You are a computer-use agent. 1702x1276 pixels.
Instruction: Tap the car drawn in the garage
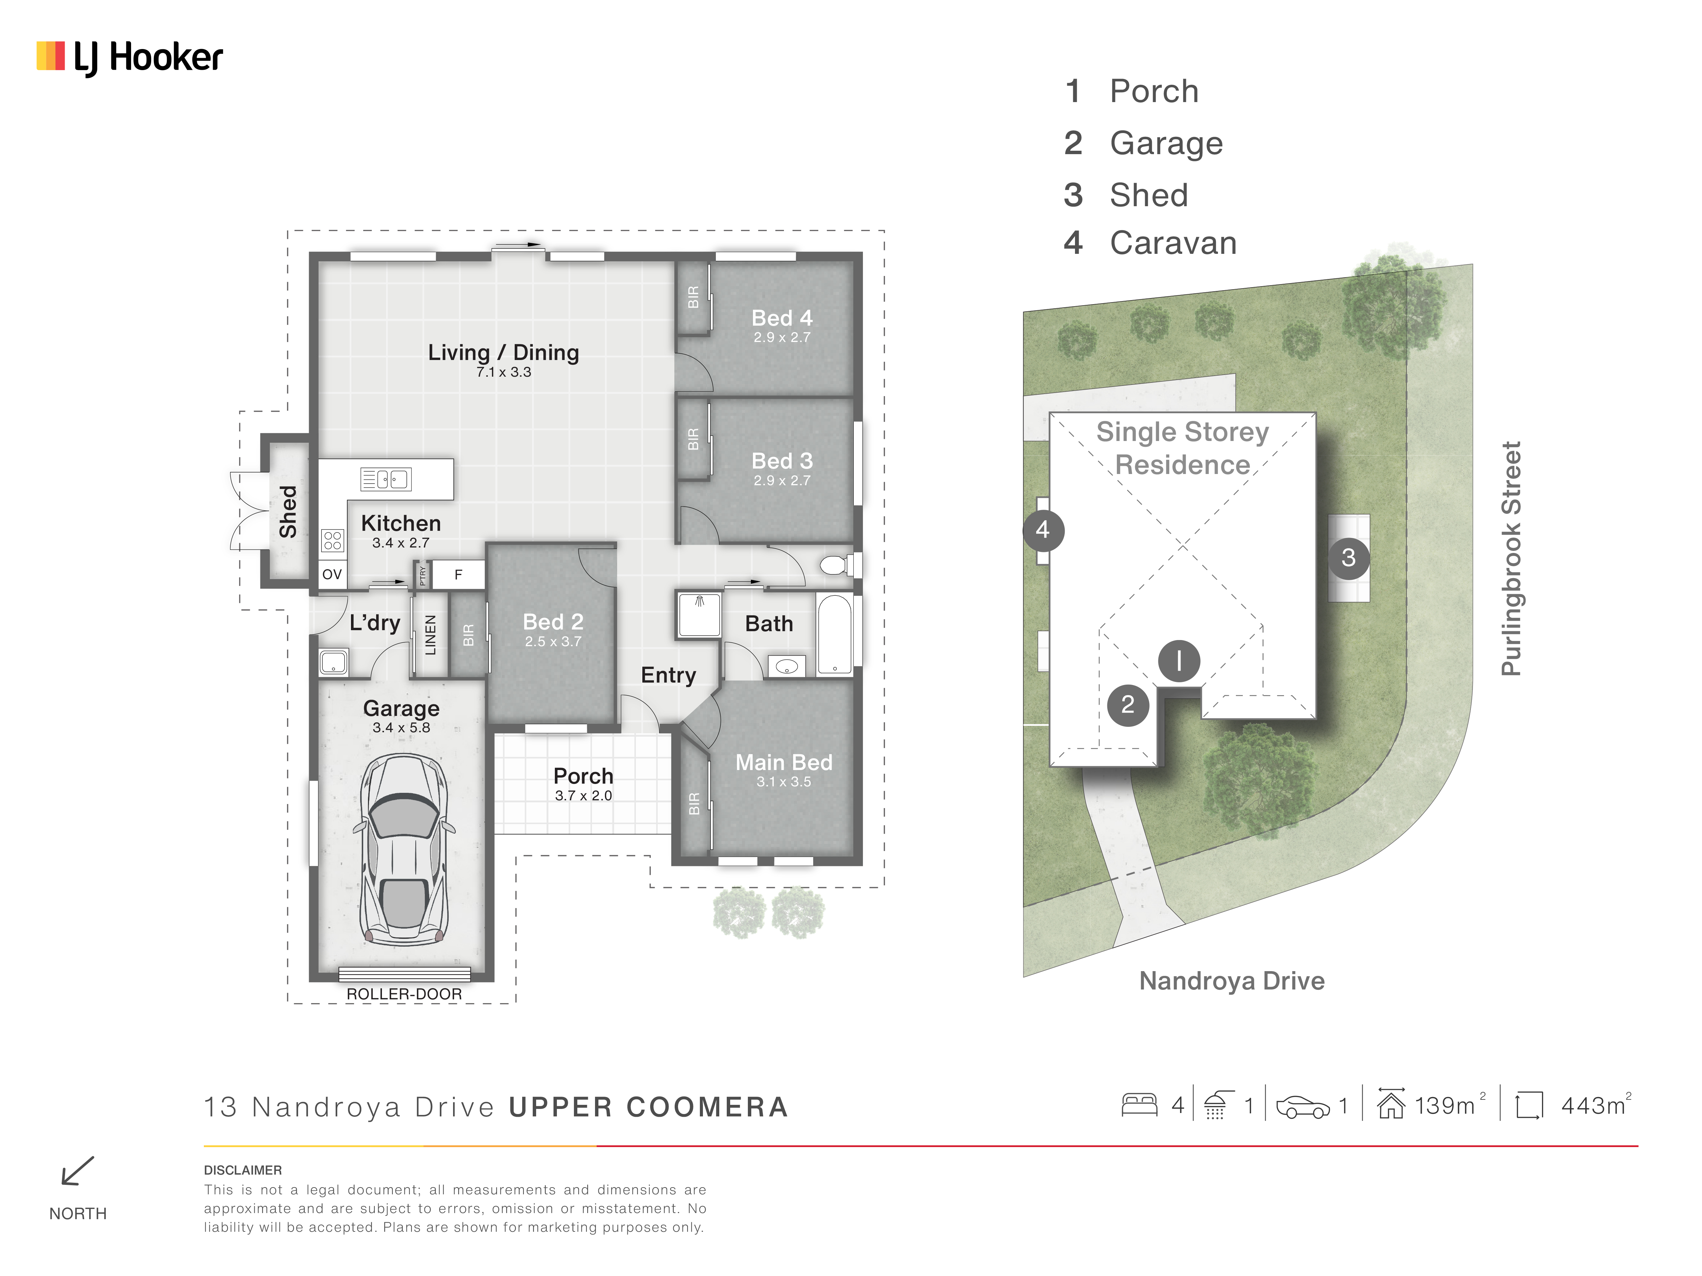point(402,848)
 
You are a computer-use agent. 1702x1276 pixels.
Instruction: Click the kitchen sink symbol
point(385,479)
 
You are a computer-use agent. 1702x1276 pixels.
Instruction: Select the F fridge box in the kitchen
point(459,575)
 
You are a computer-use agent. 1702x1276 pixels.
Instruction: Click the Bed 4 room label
point(782,318)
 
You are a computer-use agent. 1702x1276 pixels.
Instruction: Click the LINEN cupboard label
point(431,635)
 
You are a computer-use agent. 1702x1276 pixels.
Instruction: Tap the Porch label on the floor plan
point(583,776)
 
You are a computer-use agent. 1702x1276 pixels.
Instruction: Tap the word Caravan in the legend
point(1173,243)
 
